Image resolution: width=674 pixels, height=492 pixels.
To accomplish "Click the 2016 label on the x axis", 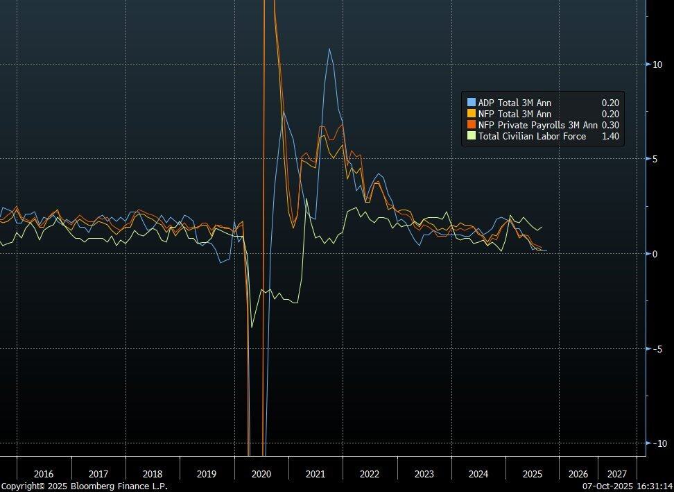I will click(x=43, y=474).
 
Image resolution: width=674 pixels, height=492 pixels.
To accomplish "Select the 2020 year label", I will click(x=261, y=474).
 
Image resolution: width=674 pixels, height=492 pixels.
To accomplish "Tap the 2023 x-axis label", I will click(x=424, y=474).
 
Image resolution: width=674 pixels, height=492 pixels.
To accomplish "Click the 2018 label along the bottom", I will click(x=152, y=474).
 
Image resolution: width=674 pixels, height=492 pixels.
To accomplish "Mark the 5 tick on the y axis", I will click(x=655, y=159).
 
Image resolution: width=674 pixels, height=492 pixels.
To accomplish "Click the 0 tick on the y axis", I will click(x=655, y=254).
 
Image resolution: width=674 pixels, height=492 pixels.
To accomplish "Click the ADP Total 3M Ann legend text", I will click(x=515, y=103).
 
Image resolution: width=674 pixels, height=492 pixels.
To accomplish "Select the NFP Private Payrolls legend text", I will click(x=537, y=125).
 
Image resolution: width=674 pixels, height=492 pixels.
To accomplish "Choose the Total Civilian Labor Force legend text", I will click(x=532, y=136).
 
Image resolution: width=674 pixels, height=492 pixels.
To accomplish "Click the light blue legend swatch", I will click(x=472, y=103).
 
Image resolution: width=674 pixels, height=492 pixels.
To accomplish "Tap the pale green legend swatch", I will click(x=472, y=136).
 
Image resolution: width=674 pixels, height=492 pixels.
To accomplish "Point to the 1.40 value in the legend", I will click(x=610, y=136).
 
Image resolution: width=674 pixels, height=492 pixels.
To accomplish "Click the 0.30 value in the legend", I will click(x=610, y=125).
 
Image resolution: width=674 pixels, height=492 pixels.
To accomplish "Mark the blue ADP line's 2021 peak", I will click(x=329, y=49).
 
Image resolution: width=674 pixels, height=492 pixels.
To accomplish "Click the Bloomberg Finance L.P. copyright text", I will click(x=84, y=486).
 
